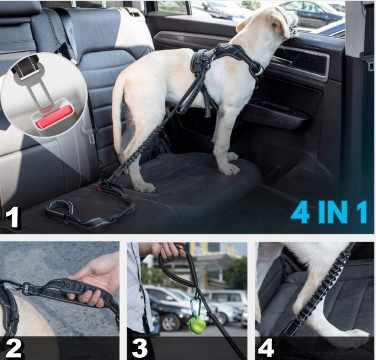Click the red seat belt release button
54,117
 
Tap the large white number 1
12,218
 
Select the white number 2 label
14,348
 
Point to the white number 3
140,348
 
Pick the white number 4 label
266,348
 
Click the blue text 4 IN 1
329,212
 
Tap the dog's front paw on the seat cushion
230,168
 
